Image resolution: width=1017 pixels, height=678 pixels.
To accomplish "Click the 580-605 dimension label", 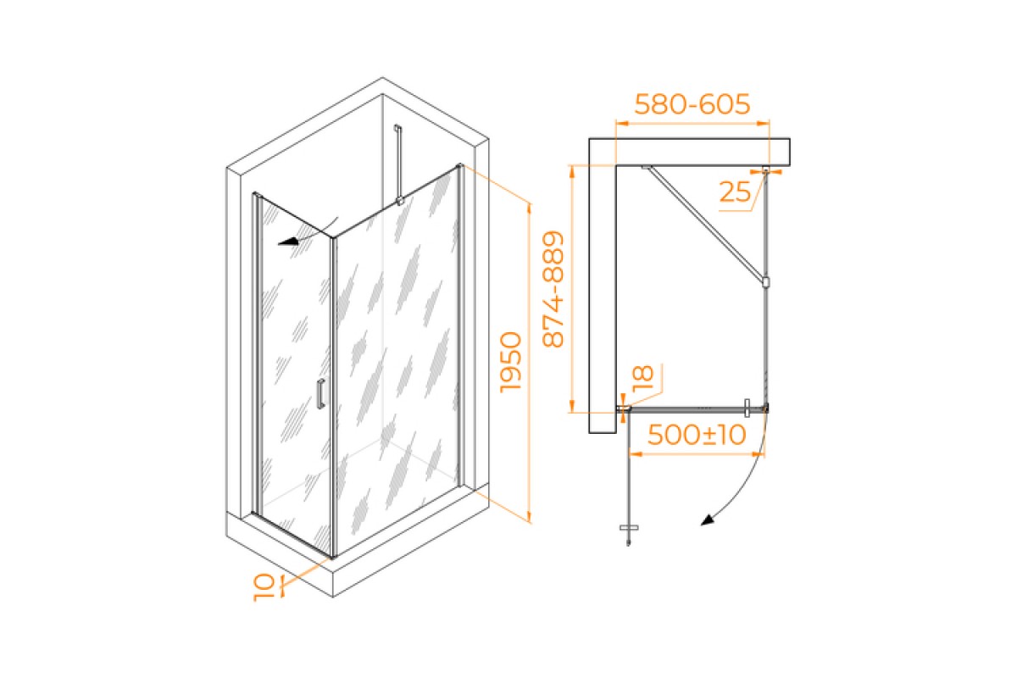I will (692, 104).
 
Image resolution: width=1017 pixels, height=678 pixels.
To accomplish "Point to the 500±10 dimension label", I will (696, 435).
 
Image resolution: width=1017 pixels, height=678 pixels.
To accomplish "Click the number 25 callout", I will (735, 193).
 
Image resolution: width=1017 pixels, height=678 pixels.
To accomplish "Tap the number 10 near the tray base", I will (264, 586).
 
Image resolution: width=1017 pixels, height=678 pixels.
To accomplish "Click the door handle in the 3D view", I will (320, 395).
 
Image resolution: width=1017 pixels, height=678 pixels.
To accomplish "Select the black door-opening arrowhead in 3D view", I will (290, 241).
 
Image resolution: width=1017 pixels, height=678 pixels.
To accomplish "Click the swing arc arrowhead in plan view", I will (706, 520).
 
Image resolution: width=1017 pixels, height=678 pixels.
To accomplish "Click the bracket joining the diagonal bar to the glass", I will (765, 281).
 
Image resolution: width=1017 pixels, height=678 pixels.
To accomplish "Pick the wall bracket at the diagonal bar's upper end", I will (646, 167).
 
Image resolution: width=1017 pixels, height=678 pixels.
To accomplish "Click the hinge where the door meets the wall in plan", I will (625, 409).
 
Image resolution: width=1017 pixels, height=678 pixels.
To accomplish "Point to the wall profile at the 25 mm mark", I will (766, 170).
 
